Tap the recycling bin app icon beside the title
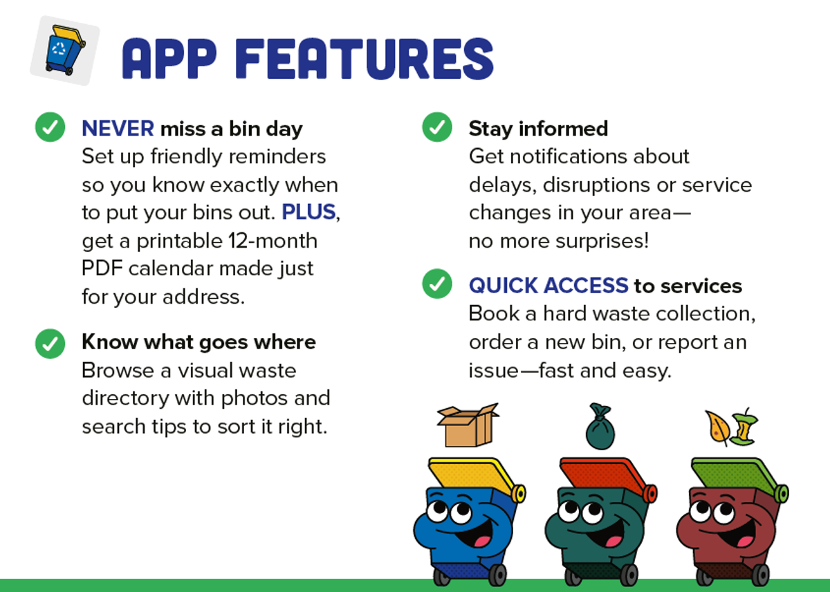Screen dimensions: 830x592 [x=65, y=50]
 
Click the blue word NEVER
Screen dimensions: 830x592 [x=118, y=129]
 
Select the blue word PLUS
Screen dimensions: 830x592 [x=308, y=212]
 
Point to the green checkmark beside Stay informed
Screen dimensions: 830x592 [x=437, y=127]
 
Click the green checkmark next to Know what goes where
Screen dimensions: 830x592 [x=50, y=344]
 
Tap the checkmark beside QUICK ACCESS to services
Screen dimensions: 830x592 [x=437, y=284]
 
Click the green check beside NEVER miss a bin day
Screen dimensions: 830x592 [x=50, y=127]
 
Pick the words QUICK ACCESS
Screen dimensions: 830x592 [x=548, y=286]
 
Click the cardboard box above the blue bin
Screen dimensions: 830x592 [x=468, y=425]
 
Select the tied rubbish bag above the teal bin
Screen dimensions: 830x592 [x=600, y=426]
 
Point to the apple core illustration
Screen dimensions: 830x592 [x=744, y=427]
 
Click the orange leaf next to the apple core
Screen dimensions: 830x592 [x=718, y=428]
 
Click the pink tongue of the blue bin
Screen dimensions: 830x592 [x=483, y=542]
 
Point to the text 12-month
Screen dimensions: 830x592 [x=273, y=241]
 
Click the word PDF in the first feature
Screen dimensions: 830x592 [x=102, y=268]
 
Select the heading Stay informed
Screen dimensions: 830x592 [x=538, y=129]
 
